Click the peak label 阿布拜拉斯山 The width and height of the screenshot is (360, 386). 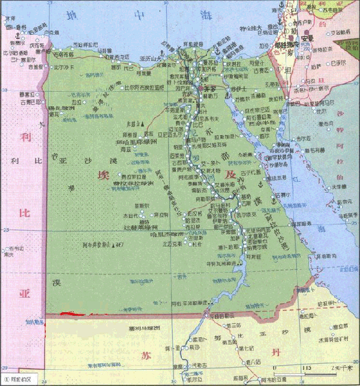pos(101,245)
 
